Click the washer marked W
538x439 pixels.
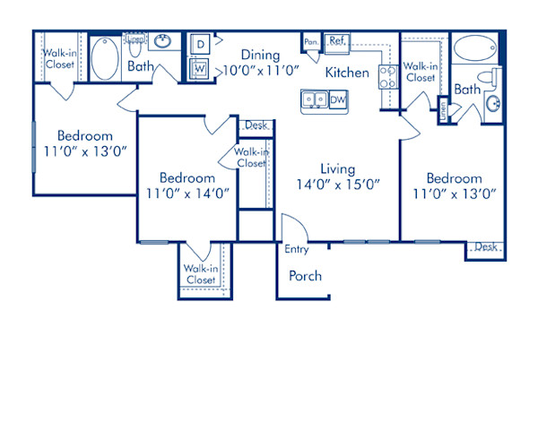[x=199, y=67]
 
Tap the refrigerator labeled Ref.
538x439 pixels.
[x=337, y=41]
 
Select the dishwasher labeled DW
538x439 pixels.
[x=338, y=100]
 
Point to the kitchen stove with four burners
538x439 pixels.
[x=388, y=77]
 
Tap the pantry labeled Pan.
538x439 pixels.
[x=311, y=42]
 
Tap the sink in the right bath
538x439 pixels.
[x=493, y=106]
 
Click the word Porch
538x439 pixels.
[x=305, y=276]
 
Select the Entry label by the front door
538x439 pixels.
[x=296, y=250]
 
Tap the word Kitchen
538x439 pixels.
[x=347, y=73]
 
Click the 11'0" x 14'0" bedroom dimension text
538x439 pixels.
[x=188, y=192]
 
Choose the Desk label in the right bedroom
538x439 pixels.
[x=485, y=247]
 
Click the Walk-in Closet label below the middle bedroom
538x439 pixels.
[x=201, y=274]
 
